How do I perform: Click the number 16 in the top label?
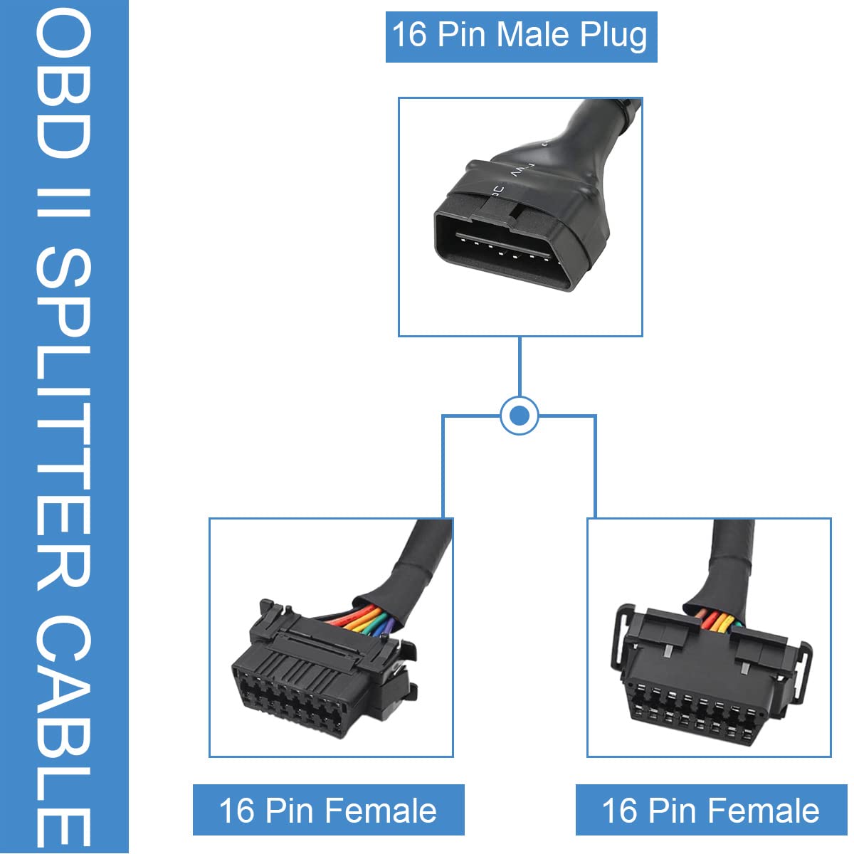click(409, 35)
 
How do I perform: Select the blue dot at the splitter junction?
click(519, 416)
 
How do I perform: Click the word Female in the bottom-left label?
click(381, 811)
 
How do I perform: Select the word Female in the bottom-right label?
click(764, 811)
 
